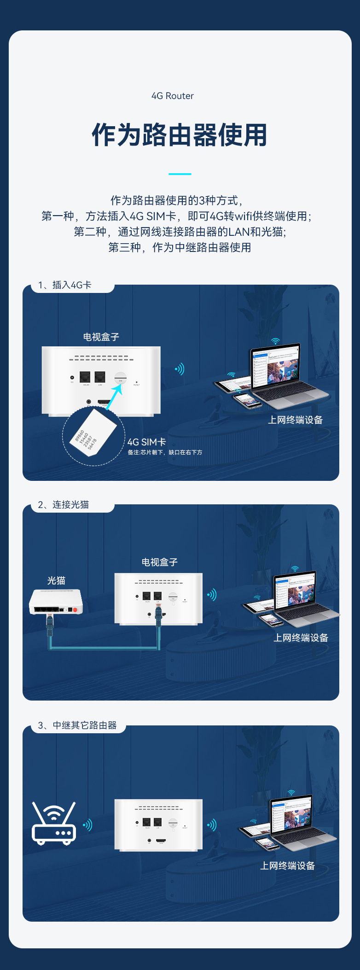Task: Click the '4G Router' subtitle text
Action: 173,96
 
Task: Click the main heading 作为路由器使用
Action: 180,135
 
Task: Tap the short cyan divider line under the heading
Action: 180,174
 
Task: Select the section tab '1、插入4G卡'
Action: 65,285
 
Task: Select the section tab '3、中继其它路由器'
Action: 77,725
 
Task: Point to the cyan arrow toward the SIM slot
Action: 114,396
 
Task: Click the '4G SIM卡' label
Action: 146,442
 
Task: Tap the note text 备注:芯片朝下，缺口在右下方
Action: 165,452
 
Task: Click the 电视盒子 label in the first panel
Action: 101,337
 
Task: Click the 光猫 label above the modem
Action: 56,581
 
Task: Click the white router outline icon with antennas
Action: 53,823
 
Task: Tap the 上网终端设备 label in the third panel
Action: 288,866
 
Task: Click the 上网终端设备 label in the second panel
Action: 301,638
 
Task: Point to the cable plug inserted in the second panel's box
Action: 159,615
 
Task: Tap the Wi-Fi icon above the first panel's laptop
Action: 275,341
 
